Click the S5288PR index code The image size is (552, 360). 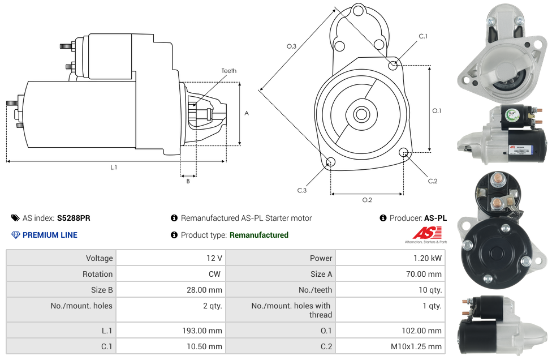74,218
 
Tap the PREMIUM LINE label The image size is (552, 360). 50,235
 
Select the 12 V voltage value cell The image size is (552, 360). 214,258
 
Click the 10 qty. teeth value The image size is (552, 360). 430,290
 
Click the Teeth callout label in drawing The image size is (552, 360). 229,71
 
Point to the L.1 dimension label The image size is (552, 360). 114,168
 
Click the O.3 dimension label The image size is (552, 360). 291,46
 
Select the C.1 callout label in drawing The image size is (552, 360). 423,36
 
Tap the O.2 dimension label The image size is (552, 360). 367,200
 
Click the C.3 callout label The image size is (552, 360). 302,190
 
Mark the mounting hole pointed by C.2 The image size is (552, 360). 404,152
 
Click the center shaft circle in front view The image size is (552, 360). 361,114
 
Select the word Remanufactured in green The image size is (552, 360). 258,235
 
